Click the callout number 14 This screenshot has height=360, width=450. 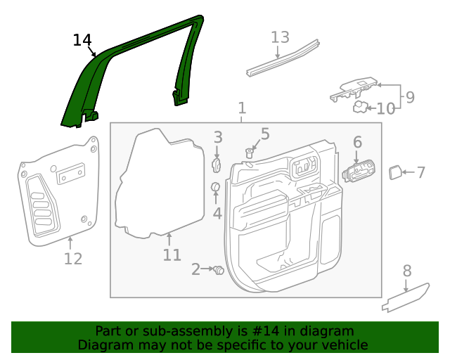82,40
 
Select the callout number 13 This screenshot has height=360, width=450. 280,37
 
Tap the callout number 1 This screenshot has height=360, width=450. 242,108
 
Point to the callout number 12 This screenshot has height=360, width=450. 73,259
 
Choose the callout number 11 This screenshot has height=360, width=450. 172,255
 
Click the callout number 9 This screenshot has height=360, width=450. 409,97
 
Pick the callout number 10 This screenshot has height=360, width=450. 386,109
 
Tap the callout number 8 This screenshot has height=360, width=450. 406,271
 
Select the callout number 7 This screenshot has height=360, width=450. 420,172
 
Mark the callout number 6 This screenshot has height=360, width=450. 357,143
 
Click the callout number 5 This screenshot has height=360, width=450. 264,134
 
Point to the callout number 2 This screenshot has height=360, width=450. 196,269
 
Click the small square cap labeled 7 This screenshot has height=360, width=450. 395,172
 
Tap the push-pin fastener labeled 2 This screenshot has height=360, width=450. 218,269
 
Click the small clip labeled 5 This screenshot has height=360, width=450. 250,152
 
